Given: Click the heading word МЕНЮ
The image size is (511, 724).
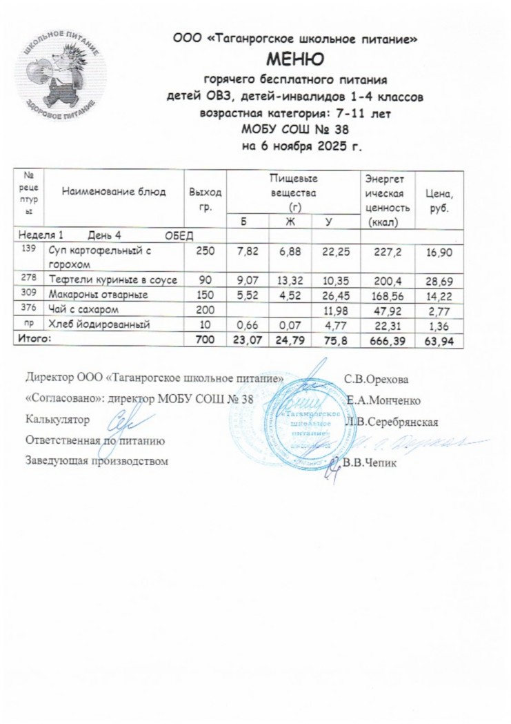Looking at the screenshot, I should click(294, 57).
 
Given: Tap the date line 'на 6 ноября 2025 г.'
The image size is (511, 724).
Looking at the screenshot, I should click(294, 147).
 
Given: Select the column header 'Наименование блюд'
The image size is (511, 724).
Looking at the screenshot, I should click(114, 193).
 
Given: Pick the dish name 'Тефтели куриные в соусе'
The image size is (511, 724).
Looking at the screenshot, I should click(112, 280).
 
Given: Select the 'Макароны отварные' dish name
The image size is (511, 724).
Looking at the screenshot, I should click(92, 294).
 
